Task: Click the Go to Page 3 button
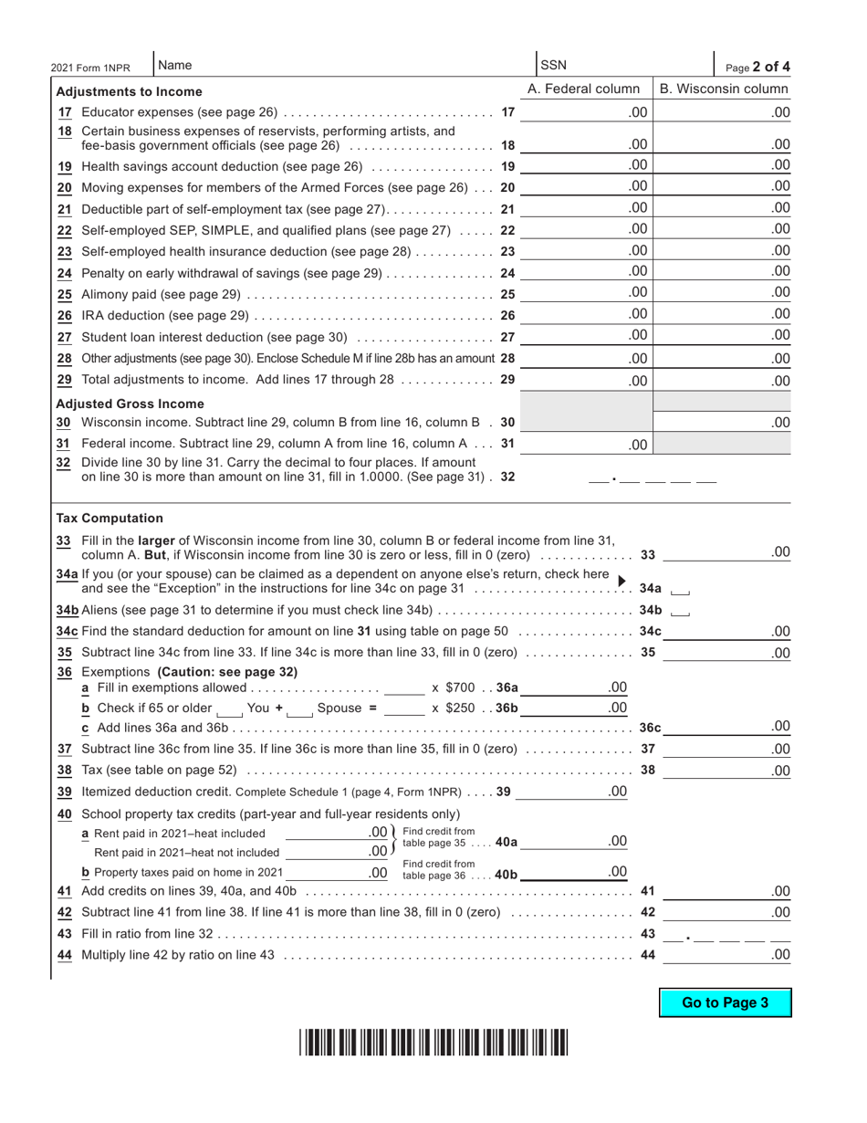725,1002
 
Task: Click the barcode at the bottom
433,1043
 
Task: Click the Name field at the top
342,66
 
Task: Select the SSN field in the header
621,66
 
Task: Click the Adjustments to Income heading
129,91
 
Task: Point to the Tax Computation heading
110,518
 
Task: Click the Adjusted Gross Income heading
130,404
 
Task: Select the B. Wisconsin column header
723,89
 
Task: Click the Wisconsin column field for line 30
723,422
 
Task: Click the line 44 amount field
726,954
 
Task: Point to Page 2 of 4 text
757,67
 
